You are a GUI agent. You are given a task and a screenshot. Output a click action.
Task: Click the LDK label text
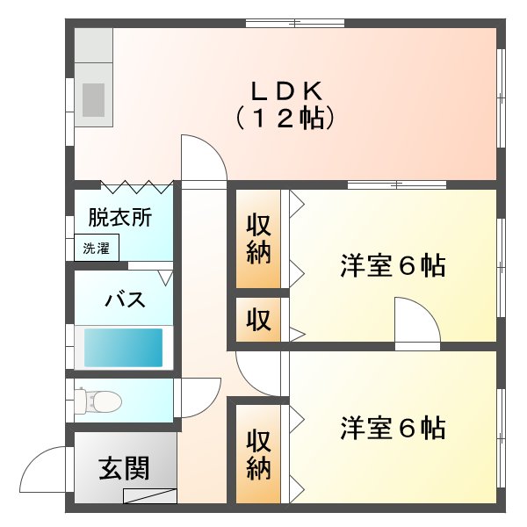tap(286, 91)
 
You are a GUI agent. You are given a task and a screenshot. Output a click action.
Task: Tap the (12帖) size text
tap(285, 119)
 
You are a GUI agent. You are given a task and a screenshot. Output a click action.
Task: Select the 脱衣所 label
tap(120, 218)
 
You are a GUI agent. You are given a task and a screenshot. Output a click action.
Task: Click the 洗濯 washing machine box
tap(97, 248)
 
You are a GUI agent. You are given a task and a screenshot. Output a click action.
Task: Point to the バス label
tap(125, 299)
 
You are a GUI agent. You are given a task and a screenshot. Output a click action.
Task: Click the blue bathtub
tap(123, 348)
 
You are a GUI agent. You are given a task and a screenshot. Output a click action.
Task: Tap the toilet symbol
tap(97, 400)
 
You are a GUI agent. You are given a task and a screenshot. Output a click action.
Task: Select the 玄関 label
tap(124, 468)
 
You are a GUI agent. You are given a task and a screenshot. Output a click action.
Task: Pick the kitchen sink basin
tap(93, 100)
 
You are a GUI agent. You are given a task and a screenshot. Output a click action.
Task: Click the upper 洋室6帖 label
tap(393, 265)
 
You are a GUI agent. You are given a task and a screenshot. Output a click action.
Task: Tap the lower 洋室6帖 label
tap(393, 428)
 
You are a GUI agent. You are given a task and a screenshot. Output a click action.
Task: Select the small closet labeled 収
tap(258, 320)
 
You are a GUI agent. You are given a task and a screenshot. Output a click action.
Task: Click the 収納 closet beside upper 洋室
tap(258, 239)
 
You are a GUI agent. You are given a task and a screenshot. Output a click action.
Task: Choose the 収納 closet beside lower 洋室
tap(258, 454)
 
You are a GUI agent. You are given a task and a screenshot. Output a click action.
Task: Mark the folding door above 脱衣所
tap(137, 187)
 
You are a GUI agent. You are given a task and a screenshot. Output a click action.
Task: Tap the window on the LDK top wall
tap(295, 23)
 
